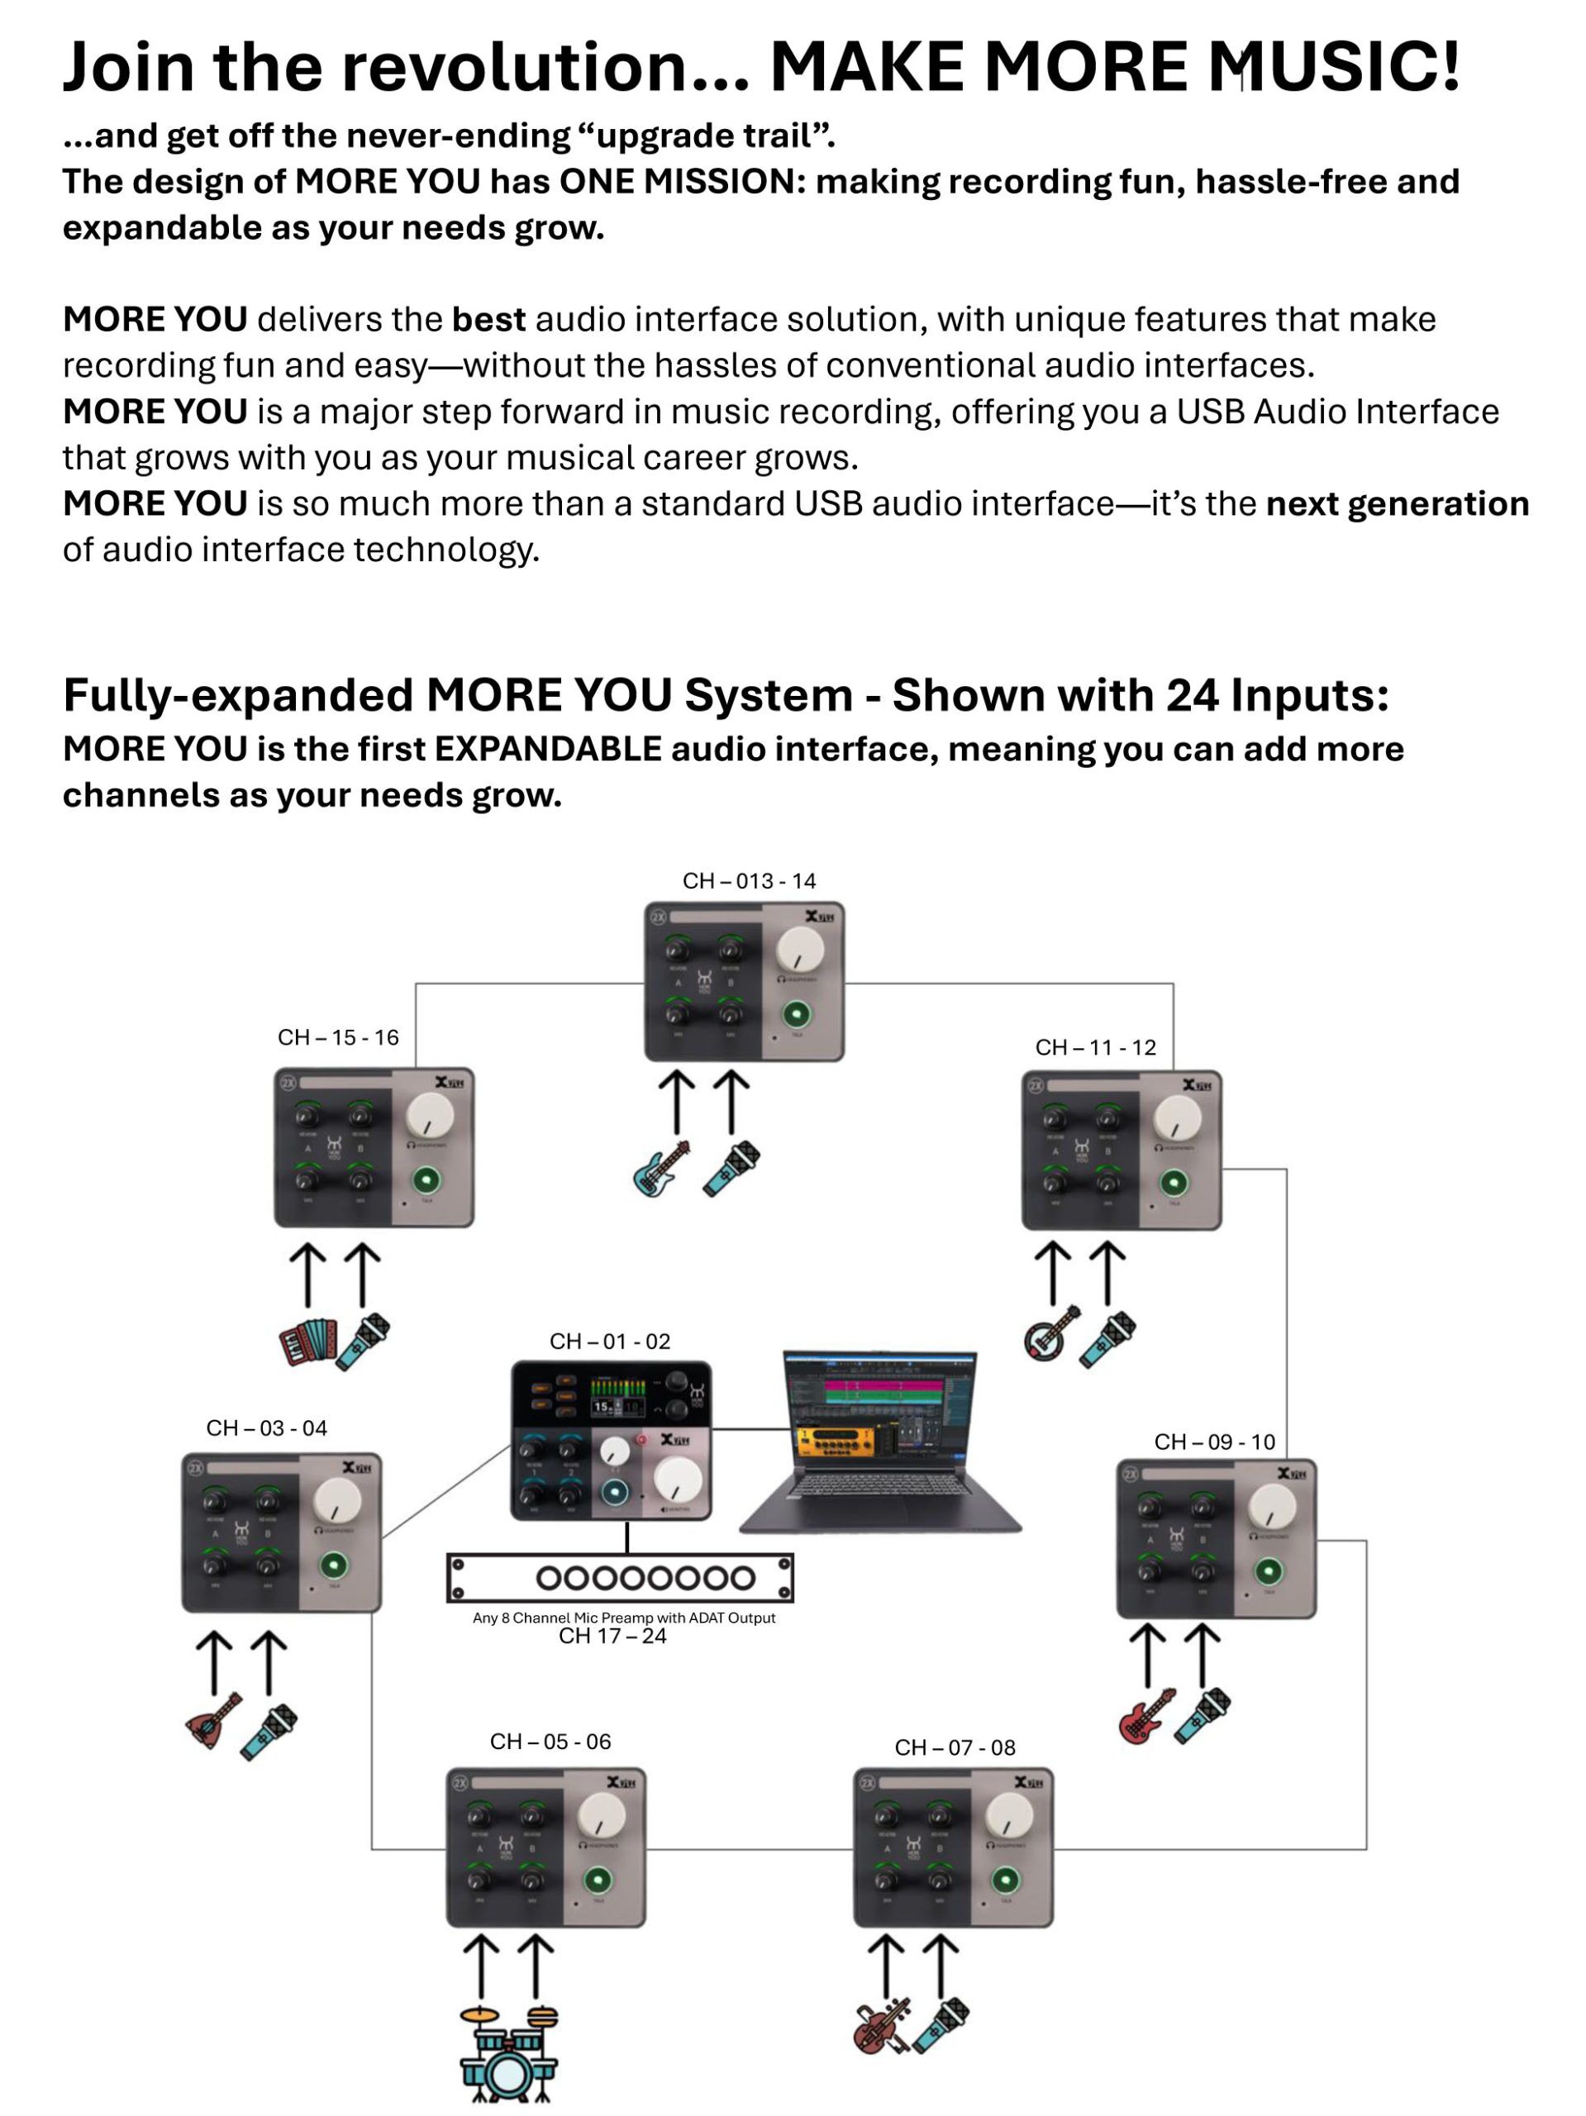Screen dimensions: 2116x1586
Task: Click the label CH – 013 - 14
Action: click(748, 881)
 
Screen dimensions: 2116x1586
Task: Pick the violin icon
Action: click(881, 2026)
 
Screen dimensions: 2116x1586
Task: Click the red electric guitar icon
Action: click(1145, 1715)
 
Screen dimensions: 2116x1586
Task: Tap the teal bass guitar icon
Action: click(661, 1168)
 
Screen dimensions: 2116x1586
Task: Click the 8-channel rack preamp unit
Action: click(620, 1577)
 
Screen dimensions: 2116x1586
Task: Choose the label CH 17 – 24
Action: click(612, 1636)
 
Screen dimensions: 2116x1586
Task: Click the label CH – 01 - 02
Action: click(609, 1342)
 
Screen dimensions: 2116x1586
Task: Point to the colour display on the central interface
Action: click(618, 1397)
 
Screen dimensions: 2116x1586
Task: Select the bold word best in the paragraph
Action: click(488, 320)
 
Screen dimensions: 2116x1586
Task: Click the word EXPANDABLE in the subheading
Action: click(547, 749)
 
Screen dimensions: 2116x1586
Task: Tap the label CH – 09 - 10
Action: click(1214, 1442)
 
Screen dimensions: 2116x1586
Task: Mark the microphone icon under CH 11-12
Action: click(1107, 1338)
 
